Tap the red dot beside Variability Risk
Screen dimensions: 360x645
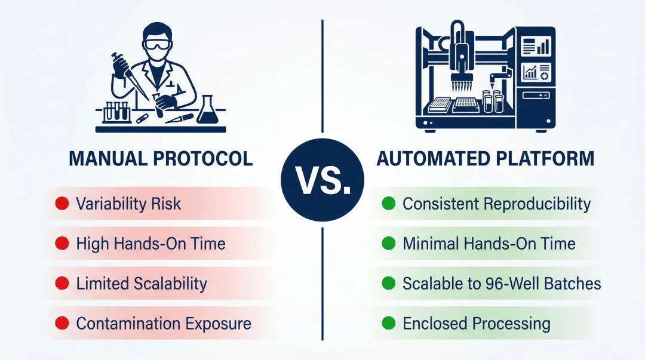(x=62, y=204)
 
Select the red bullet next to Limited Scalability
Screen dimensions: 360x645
(x=62, y=284)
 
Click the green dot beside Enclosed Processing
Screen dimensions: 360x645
(x=388, y=324)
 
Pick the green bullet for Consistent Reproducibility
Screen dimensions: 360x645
(x=388, y=204)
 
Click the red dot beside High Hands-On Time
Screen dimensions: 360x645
(x=62, y=244)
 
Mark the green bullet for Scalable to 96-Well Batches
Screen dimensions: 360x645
(x=388, y=284)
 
